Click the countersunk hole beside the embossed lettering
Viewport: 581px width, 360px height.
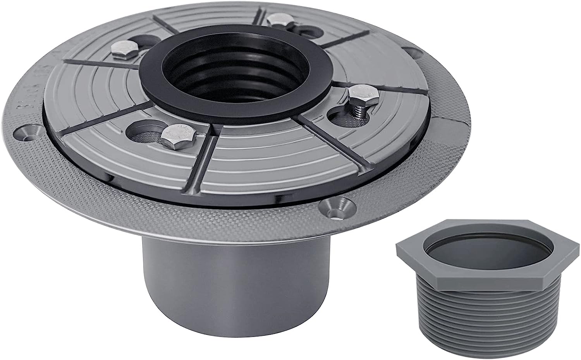click(x=28, y=132)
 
